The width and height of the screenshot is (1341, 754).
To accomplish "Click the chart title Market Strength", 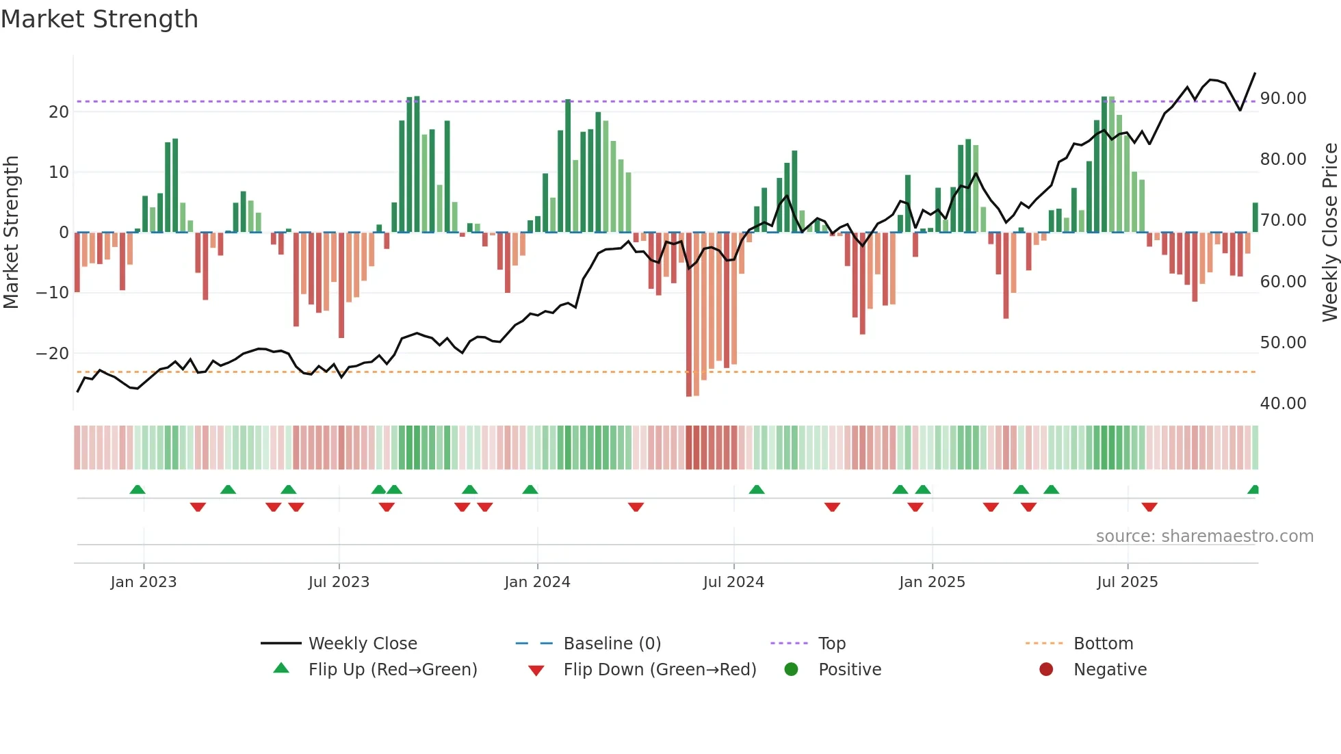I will (99, 19).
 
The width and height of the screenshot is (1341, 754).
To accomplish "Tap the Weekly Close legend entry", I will (362, 643).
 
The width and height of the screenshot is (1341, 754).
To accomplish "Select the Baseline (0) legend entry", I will (612, 643).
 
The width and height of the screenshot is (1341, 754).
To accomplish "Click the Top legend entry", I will (831, 643).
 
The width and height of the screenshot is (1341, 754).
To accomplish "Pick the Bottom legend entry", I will (1103, 643).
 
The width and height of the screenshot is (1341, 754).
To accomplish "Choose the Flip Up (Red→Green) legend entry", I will (392, 669).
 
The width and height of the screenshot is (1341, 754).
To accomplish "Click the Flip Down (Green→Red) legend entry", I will (660, 669).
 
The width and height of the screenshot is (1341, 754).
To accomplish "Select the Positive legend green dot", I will (792, 669).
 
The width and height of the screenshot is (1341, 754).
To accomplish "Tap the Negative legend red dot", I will (1046, 669).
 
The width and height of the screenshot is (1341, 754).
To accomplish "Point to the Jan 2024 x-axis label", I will (537, 582).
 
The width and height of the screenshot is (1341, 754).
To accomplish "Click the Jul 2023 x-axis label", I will (339, 582).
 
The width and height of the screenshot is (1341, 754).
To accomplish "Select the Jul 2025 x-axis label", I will (1127, 582).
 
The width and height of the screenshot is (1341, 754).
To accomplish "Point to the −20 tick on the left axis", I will (52, 353).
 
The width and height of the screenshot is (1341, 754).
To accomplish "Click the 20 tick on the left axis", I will (59, 112).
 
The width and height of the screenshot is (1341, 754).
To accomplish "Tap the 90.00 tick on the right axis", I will (1283, 98).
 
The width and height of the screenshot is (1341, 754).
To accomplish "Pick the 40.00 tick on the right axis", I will (1283, 403).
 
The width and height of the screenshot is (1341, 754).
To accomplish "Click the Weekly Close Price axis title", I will (1329, 232).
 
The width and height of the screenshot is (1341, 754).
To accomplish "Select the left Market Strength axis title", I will (11, 232).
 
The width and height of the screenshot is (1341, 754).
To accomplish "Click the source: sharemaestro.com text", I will (1204, 536).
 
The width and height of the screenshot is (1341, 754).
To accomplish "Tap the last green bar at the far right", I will (1255, 218).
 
